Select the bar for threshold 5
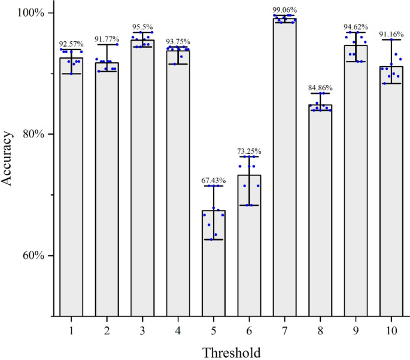click(214, 263)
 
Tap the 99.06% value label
click(284, 10)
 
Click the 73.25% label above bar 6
click(249, 151)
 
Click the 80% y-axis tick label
click(26, 134)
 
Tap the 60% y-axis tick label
click(26, 255)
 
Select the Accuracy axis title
click(8, 164)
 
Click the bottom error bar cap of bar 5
click(214, 239)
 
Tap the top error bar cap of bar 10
click(391, 39)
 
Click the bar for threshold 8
click(320, 209)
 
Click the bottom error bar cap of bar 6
click(249, 205)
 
